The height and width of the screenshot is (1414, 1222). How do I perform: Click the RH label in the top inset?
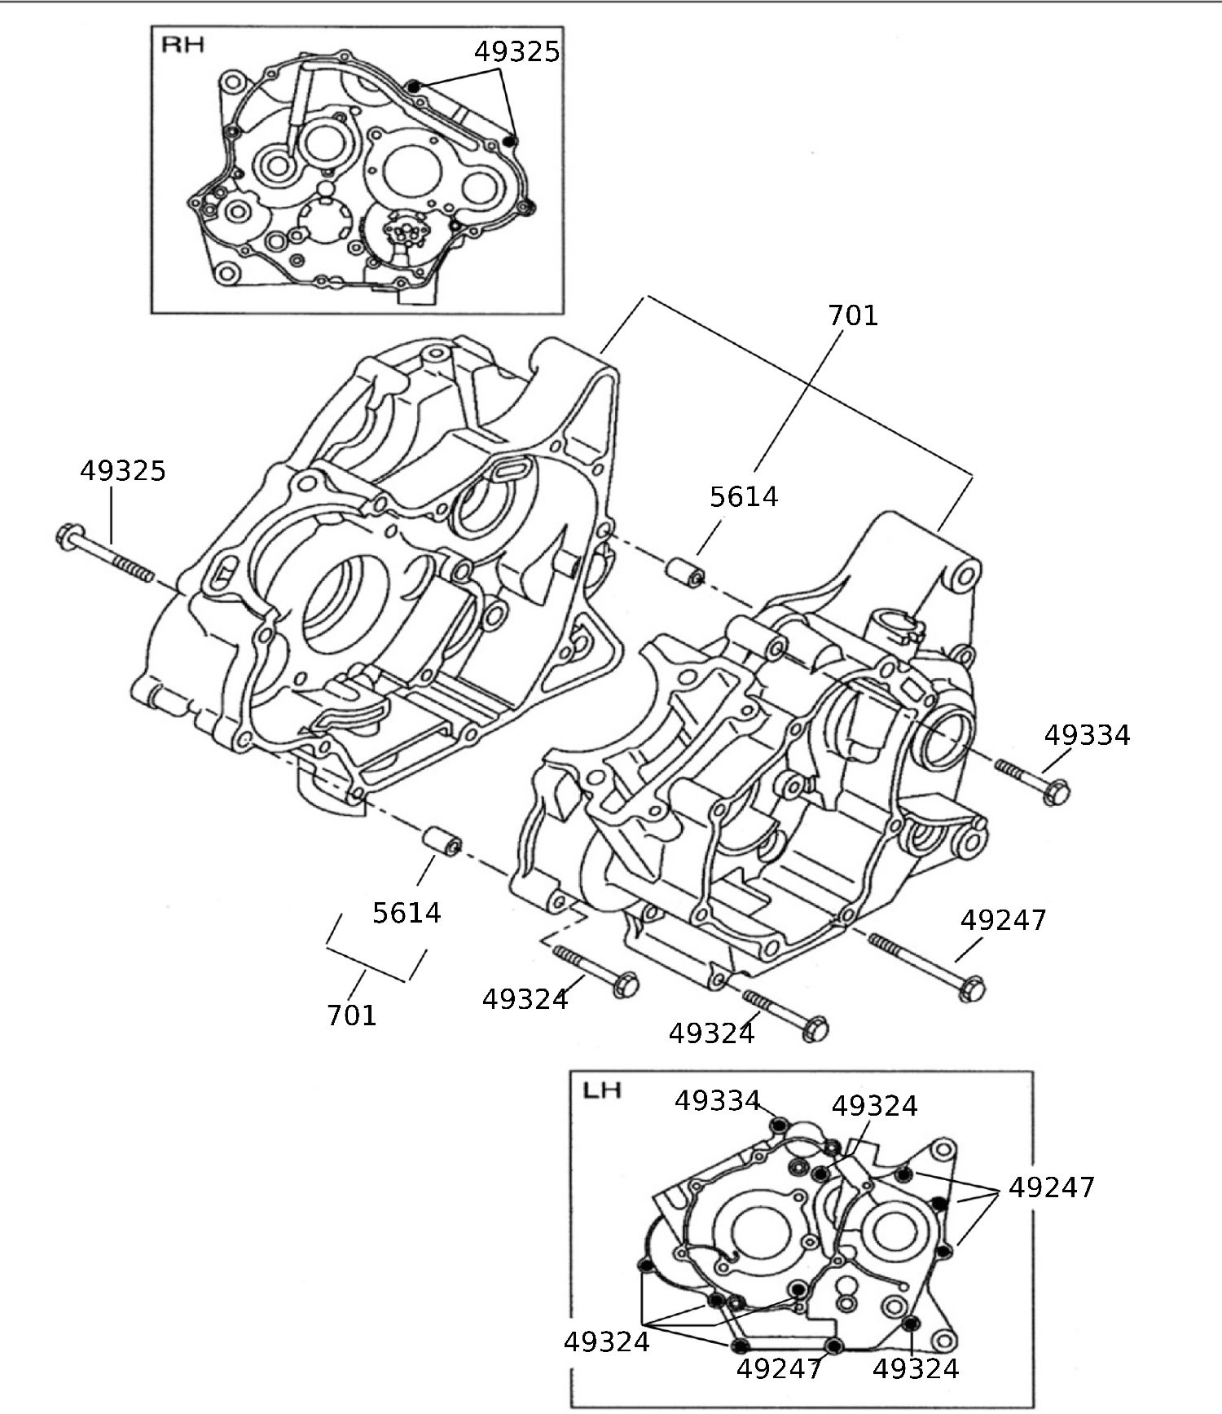[x=182, y=44]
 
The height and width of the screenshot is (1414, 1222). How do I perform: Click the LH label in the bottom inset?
[x=602, y=1090]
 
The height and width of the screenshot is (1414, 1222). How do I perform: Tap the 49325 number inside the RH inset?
[x=516, y=52]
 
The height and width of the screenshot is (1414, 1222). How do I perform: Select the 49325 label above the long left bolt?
[x=123, y=471]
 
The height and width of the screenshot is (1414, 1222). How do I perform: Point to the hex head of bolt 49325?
[x=68, y=536]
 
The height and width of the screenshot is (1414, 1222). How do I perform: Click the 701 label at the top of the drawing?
[x=853, y=315]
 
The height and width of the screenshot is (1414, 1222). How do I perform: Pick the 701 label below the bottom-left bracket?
[x=351, y=1015]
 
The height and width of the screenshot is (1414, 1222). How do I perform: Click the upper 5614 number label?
[x=744, y=497]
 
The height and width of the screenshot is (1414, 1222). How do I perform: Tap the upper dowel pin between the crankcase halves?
[x=686, y=573]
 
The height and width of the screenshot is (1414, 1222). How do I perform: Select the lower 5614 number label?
[x=407, y=914]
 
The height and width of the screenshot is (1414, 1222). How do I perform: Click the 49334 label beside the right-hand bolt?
[x=1087, y=736]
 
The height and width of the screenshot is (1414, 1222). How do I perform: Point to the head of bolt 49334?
[x=1056, y=791]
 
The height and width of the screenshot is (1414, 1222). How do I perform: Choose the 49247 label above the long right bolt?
[x=1003, y=921]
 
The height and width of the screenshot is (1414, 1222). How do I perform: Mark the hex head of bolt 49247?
[x=972, y=989]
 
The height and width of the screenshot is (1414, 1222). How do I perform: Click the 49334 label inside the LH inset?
[x=717, y=1101]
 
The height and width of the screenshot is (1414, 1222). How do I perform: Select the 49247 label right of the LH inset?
[x=1051, y=1188]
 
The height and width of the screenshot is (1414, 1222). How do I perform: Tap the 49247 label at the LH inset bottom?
[x=779, y=1369]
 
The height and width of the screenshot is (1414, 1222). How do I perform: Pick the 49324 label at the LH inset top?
[x=874, y=1107]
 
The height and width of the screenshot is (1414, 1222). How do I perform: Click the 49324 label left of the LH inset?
[x=606, y=1342]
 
